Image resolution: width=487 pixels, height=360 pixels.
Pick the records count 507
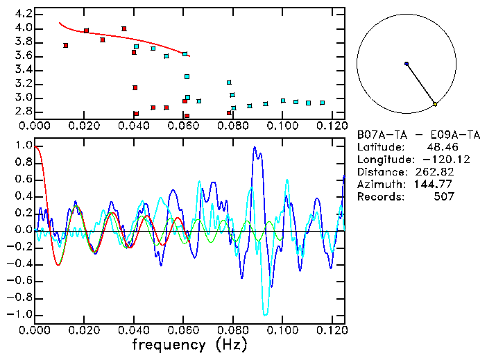[x=444, y=197]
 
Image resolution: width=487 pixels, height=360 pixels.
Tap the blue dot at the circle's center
[x=407, y=64]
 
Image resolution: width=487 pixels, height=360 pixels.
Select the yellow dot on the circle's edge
[x=435, y=104]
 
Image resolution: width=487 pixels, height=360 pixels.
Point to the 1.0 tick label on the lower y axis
[x=23, y=146]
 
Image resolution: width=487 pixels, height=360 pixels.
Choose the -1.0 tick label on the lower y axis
[x=20, y=314]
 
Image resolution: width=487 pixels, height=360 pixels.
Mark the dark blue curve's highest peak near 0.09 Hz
[x=255, y=147]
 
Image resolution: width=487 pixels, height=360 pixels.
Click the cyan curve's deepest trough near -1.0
[x=265, y=315]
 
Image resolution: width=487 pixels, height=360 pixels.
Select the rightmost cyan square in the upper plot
[x=322, y=103]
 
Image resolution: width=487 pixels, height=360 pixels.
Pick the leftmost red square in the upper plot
[x=65, y=46]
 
